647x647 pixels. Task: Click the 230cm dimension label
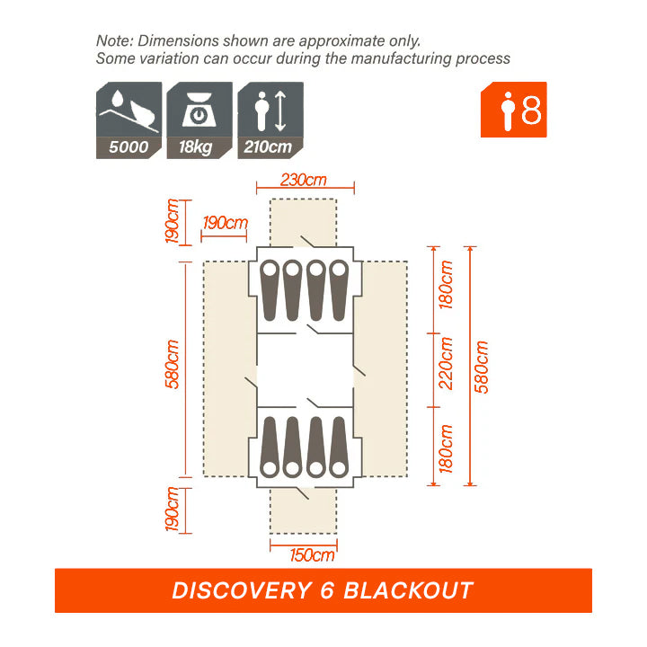(303, 179)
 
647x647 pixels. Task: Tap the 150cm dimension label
(312, 554)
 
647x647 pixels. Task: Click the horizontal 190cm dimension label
(225, 222)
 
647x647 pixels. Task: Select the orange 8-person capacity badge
(513, 110)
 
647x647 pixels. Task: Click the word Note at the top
(112, 41)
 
